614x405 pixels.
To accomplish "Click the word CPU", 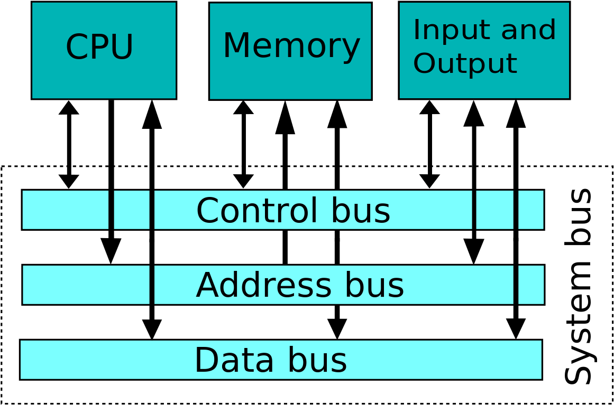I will point(99,48).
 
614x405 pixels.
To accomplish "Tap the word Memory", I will point(291,46).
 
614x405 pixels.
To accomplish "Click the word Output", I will point(464,64).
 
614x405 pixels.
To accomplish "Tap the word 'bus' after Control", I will point(361,211).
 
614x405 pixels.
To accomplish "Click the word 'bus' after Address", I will point(374,286).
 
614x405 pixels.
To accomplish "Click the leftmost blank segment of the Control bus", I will point(65,210).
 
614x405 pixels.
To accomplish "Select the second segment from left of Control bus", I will point(132,210).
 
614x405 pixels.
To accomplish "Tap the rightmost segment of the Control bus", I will point(530,210).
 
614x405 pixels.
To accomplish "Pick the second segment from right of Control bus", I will point(494,210).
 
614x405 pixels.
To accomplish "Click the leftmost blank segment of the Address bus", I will point(86,285).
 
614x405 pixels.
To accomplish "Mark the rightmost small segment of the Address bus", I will point(530,285).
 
